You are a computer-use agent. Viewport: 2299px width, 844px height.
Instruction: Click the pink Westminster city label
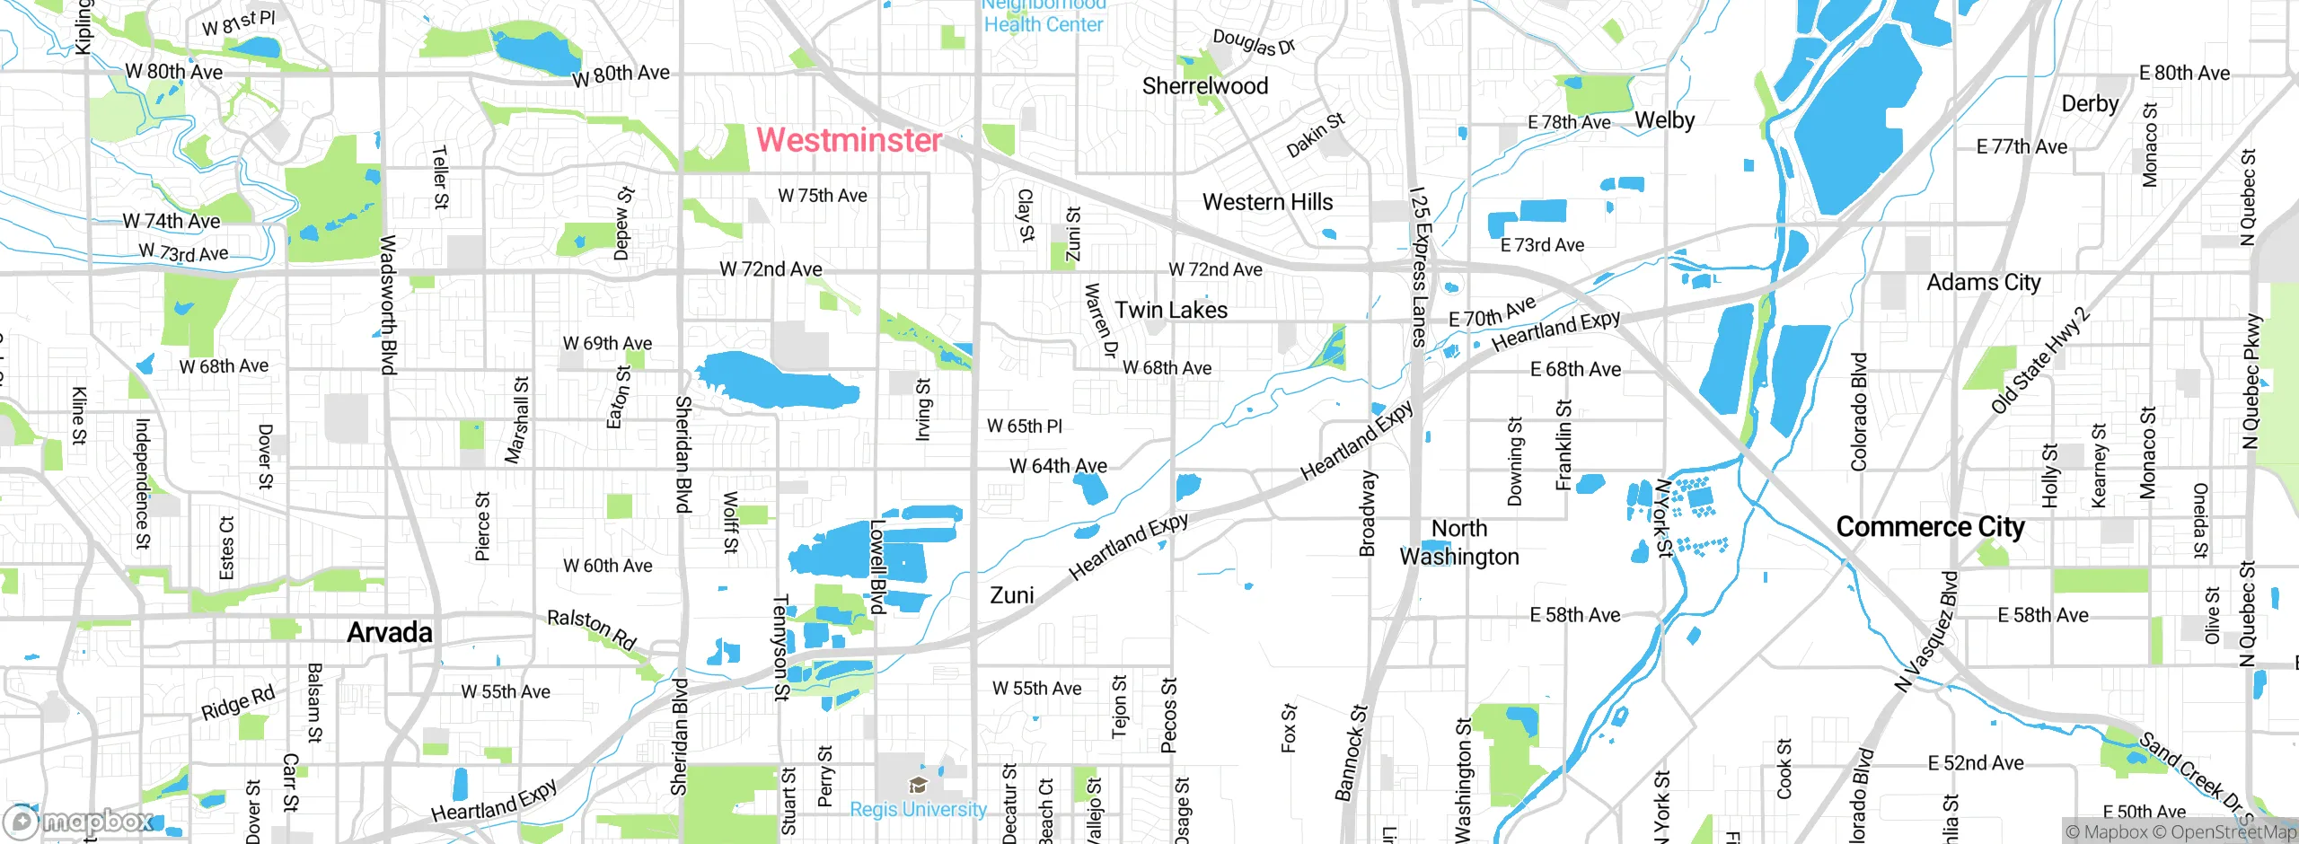(849, 140)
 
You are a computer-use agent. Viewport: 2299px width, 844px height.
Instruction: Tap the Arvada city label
(390, 632)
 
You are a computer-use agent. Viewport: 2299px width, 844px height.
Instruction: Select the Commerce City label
(1930, 527)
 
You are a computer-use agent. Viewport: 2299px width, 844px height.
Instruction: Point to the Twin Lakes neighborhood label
(1171, 310)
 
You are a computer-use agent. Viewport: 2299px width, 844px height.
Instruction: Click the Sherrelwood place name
(1205, 86)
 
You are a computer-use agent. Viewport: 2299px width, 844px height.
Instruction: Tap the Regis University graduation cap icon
(918, 786)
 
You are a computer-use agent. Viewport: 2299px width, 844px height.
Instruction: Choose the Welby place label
(1664, 120)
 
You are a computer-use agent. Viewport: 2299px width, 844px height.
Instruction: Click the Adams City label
(1984, 283)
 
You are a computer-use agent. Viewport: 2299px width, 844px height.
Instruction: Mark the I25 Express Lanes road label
(1418, 267)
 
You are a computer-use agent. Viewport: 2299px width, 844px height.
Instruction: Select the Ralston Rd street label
(592, 629)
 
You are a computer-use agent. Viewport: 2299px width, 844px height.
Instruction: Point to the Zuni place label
(1011, 595)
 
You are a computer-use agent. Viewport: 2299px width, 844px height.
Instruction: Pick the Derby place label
(2090, 104)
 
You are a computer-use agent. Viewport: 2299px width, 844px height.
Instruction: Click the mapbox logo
(79, 822)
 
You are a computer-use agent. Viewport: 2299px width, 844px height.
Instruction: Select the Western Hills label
(1267, 203)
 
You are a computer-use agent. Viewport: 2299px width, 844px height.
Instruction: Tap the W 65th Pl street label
(1024, 426)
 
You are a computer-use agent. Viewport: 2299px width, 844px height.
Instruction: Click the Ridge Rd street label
(238, 703)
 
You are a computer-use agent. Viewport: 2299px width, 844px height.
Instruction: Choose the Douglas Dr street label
(1254, 42)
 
